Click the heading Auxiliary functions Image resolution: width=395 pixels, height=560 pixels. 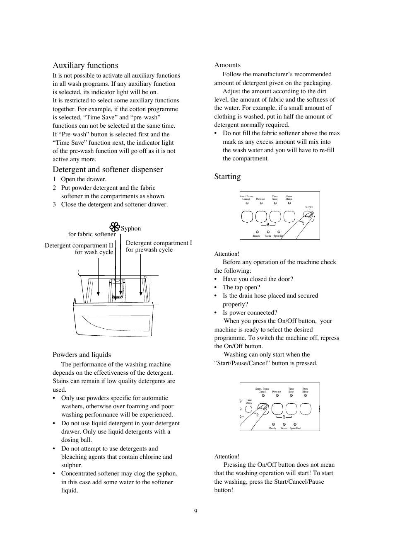coord(85,65)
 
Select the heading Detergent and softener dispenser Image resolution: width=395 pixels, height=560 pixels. coord(108,169)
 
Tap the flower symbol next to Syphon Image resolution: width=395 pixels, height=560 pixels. coord(115,227)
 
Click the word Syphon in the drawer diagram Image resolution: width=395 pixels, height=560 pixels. coord(131,228)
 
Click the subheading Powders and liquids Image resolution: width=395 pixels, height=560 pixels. coord(82,354)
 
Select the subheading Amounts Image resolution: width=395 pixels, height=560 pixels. coord(227,65)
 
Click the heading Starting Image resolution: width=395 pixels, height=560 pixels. coord(227,177)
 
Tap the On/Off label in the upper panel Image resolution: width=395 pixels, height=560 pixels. coord(308,207)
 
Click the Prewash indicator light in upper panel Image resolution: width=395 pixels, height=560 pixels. coord(261,203)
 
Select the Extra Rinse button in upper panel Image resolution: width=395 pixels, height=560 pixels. coord(289,216)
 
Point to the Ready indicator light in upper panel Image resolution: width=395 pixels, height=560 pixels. coord(257,232)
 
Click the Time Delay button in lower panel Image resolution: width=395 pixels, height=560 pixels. coord(248,409)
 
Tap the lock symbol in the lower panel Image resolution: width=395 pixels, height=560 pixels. coord(284,417)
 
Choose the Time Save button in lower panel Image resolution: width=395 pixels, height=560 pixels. coord(291,409)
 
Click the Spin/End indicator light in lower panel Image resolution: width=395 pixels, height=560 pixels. coord(295,424)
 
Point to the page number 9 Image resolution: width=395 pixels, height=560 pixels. coord(196,511)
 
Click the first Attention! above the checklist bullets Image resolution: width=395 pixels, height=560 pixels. coord(226,254)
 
